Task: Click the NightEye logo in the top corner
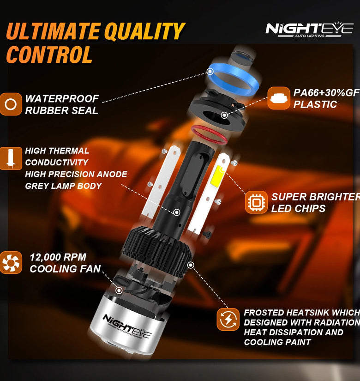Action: point(309,30)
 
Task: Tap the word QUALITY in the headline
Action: point(144,31)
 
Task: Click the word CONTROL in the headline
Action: point(49,54)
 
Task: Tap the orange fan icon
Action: point(11,263)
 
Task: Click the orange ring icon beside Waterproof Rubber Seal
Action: point(11,104)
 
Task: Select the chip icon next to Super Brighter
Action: point(256,202)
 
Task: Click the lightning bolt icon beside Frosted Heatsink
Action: point(228,319)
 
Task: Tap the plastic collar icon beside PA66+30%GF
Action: point(279,98)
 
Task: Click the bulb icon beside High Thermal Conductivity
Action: point(11,158)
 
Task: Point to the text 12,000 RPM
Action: point(58,257)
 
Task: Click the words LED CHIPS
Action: point(298,208)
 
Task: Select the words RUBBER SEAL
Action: point(62,110)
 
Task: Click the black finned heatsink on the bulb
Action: point(157,250)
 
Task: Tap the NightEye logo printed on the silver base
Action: point(127,327)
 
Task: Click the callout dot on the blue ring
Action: point(210,72)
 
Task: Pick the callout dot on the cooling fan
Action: point(119,290)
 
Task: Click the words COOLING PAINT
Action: point(277,342)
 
